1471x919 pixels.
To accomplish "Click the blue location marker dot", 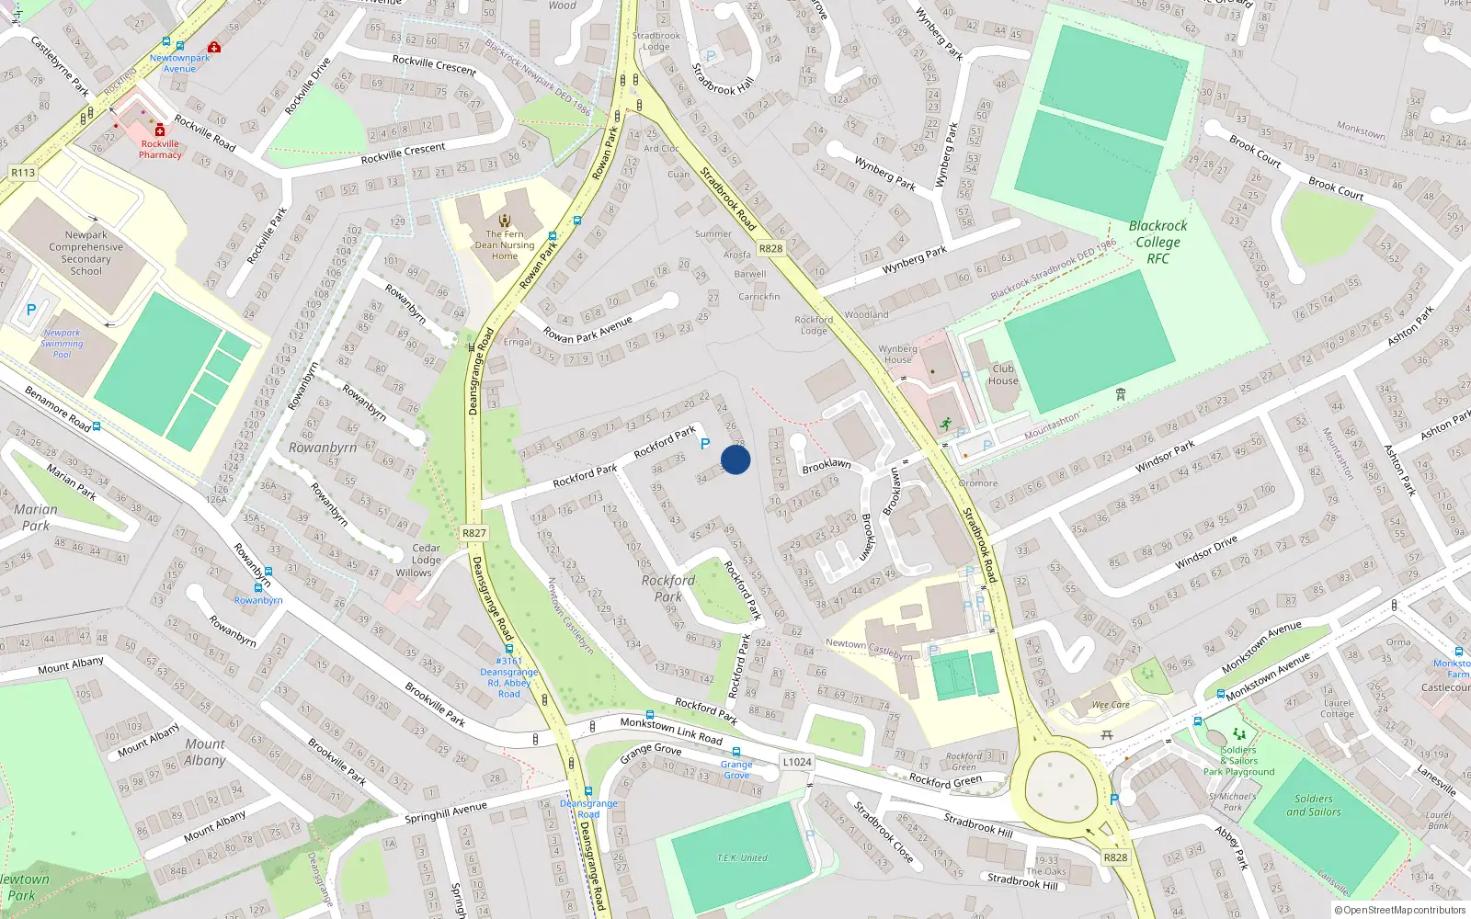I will click(735, 459).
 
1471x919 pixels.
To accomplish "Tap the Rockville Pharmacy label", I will click(160, 149).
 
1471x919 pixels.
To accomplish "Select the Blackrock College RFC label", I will click(1157, 242).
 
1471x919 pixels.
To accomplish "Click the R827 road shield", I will click(474, 533).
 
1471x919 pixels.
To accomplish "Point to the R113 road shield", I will click(23, 173).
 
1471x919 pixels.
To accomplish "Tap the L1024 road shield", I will click(797, 762).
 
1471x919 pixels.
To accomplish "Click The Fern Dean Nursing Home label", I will click(504, 245).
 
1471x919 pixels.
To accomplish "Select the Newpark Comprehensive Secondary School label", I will click(86, 253).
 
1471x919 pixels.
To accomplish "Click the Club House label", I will click(1003, 375).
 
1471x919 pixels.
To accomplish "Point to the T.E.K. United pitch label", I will click(742, 857).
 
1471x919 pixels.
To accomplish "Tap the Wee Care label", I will click(1111, 705).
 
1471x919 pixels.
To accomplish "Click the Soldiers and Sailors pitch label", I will click(1313, 805).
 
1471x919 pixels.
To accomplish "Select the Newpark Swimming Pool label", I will click(62, 344).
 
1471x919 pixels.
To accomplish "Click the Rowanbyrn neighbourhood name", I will click(323, 448).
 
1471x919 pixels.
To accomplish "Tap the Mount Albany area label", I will click(204, 752).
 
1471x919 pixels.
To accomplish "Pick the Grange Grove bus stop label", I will click(736, 769).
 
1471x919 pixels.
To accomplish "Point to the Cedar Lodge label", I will click(426, 554).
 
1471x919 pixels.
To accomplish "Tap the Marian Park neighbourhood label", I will click(35, 517).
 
